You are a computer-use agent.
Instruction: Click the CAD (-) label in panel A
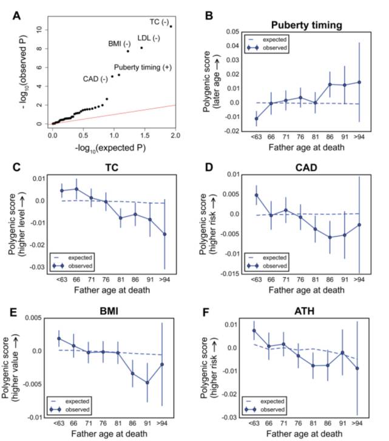coord(95,79)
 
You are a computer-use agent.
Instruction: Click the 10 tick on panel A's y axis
coord(38,29)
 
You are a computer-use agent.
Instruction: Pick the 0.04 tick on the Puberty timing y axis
coord(240,46)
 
